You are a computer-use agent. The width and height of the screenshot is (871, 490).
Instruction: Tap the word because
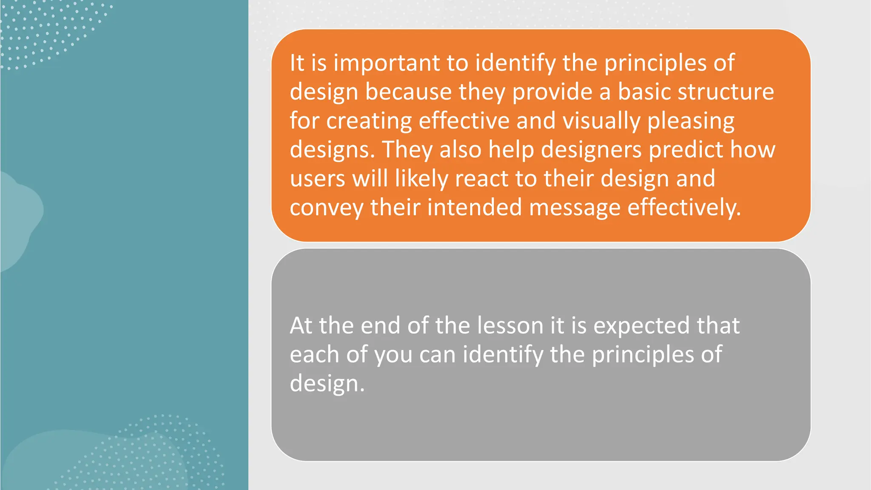tap(408, 92)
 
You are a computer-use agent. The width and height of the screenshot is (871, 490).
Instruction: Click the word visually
tap(601, 121)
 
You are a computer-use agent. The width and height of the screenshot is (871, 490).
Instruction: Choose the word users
tap(317, 179)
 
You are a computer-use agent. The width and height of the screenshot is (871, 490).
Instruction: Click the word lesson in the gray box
tap(510, 326)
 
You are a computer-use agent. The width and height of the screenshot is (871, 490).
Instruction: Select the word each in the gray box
tap(314, 354)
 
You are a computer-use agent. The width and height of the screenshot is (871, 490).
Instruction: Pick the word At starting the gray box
tap(301, 326)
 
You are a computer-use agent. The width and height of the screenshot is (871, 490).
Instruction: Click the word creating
tap(369, 121)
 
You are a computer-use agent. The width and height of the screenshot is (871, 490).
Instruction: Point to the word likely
tap(421, 179)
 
